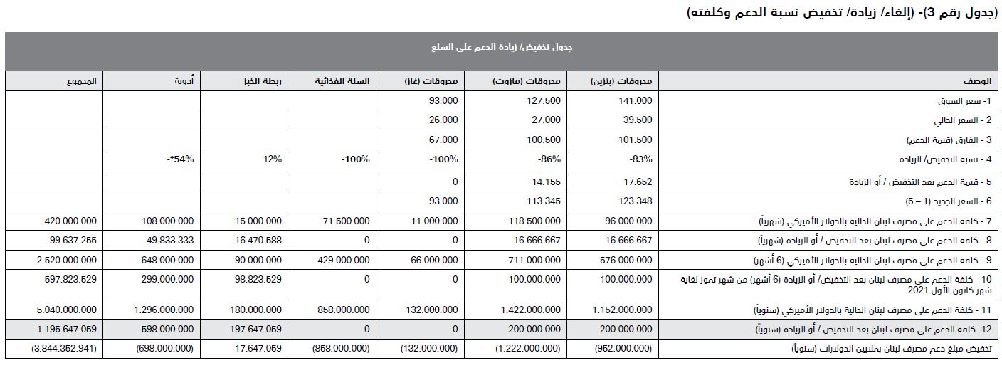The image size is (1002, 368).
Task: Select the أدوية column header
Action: click(184, 81)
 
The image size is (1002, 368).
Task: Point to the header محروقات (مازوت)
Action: click(527, 81)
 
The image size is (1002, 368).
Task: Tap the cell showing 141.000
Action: click(636, 101)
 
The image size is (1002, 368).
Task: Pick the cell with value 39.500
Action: click(638, 120)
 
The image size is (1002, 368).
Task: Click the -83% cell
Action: click(640, 159)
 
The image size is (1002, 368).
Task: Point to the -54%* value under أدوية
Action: click(181, 159)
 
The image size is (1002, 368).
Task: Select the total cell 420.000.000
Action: click(70, 221)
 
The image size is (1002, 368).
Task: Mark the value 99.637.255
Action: click(72, 241)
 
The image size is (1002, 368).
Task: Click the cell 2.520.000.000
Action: click(67, 261)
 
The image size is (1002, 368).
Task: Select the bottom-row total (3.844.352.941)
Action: click(64, 349)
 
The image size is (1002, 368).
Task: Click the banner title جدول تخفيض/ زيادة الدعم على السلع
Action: click(502, 48)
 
